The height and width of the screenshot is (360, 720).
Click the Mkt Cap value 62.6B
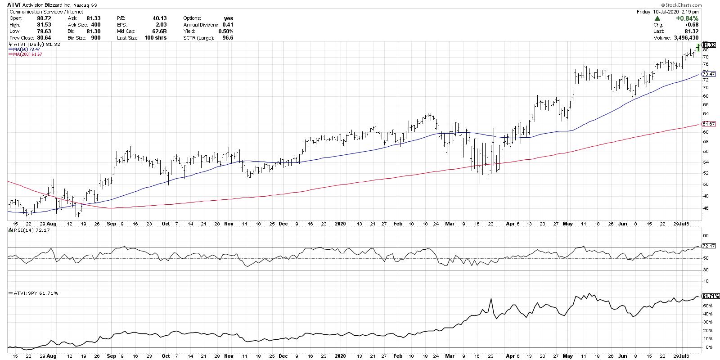159,31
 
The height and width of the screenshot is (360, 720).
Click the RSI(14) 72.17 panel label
26,230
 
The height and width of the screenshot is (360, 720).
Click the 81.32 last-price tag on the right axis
708,45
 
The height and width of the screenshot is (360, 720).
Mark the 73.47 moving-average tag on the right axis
708,74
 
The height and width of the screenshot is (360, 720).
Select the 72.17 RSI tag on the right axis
708,246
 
